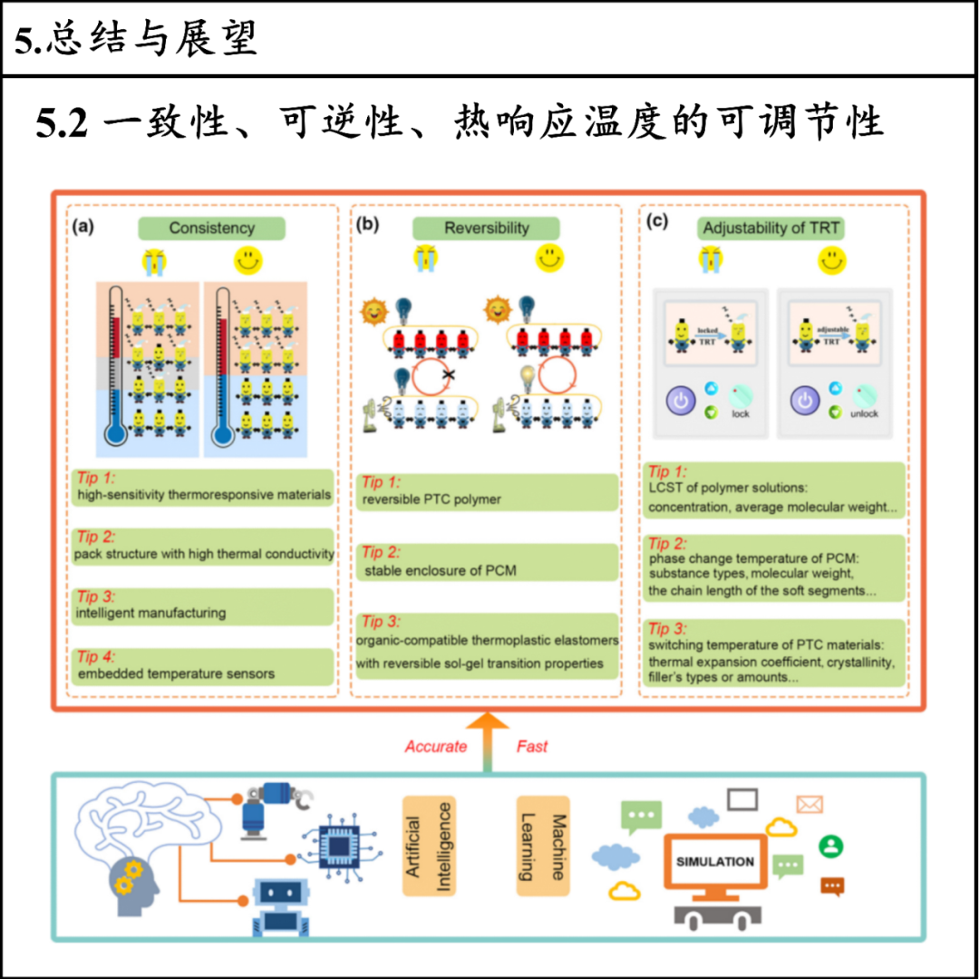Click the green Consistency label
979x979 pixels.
(211, 228)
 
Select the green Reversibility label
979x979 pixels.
(486, 228)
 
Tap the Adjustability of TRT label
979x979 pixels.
(771, 228)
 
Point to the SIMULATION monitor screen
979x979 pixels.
(714, 862)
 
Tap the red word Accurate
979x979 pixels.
(436, 747)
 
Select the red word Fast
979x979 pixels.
(532, 747)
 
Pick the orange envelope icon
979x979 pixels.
(809, 804)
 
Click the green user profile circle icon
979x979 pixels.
(830, 846)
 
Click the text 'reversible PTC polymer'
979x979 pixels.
(431, 499)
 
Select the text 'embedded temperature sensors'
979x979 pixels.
(175, 674)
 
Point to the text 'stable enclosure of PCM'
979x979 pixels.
(440, 571)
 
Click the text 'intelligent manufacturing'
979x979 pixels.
(150, 613)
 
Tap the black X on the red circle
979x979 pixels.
(448, 373)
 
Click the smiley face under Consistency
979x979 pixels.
(247, 261)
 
